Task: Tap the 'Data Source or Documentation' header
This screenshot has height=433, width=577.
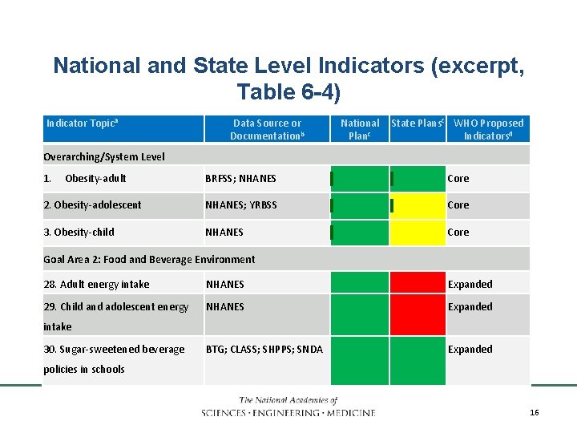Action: coord(267,129)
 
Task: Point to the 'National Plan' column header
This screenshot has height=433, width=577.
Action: coord(360,129)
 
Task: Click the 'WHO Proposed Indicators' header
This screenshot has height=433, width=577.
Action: coord(488,129)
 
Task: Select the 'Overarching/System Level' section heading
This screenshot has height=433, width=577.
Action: coord(104,156)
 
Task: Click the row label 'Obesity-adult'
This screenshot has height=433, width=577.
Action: coord(95,178)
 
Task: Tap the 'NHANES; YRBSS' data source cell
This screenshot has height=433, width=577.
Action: coord(241,205)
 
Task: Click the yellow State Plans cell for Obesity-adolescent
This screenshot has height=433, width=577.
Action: coord(418,205)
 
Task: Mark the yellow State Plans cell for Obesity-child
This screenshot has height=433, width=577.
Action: coord(418,233)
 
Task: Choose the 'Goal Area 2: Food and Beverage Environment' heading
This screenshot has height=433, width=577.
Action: coord(149,259)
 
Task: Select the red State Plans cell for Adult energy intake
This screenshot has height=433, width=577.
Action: coord(418,283)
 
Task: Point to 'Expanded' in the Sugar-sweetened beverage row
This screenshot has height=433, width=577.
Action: coord(470,349)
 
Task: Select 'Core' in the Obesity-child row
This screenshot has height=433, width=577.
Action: coord(458,233)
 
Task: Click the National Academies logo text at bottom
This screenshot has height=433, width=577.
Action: coord(288,407)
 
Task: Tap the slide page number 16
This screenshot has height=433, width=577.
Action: coord(535,411)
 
